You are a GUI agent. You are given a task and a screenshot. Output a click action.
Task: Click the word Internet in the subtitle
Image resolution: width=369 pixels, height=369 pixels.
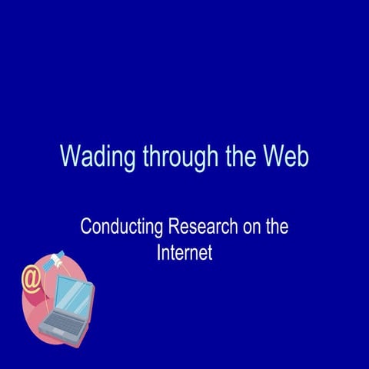click(184, 252)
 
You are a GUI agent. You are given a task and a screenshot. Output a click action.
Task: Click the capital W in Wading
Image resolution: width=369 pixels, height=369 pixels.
click(70, 155)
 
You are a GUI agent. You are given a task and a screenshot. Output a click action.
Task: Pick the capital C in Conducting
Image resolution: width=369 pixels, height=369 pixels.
click(85, 228)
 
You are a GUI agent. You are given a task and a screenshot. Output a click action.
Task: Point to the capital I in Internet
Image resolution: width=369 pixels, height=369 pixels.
click(158, 252)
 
